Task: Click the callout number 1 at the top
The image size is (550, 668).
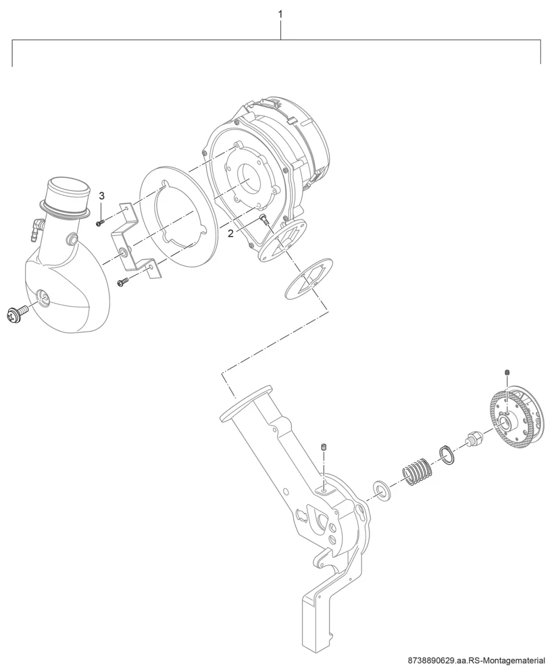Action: click(x=280, y=15)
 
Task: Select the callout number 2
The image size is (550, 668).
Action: click(x=230, y=234)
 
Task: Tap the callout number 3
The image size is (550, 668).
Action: click(x=101, y=196)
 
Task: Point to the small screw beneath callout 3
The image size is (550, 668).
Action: click(x=100, y=223)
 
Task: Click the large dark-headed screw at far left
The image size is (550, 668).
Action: click(x=17, y=313)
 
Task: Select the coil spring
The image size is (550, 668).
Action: click(x=417, y=471)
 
